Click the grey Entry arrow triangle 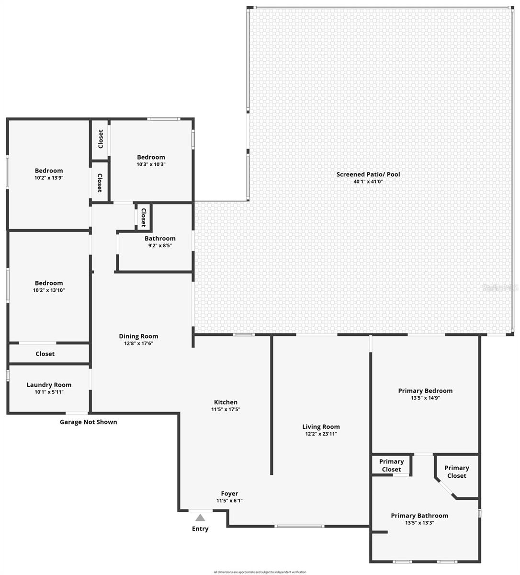[x=200, y=517]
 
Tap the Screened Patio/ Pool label [x=368, y=174]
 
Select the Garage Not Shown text [x=88, y=422]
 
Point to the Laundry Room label [x=49, y=385]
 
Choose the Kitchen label [x=226, y=402]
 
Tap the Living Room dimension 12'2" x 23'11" [x=321, y=434]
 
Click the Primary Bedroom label [x=425, y=391]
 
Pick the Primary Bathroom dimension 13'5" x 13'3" [x=419, y=523]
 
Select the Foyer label [x=229, y=494]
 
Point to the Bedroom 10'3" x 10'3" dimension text [x=151, y=164]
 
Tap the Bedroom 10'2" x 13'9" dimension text [x=49, y=178]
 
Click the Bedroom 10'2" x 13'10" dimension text [x=49, y=290]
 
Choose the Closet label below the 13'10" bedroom [x=45, y=354]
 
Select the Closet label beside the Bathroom [x=143, y=217]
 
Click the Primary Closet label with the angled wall [x=456, y=472]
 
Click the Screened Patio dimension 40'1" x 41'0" [x=368, y=182]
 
